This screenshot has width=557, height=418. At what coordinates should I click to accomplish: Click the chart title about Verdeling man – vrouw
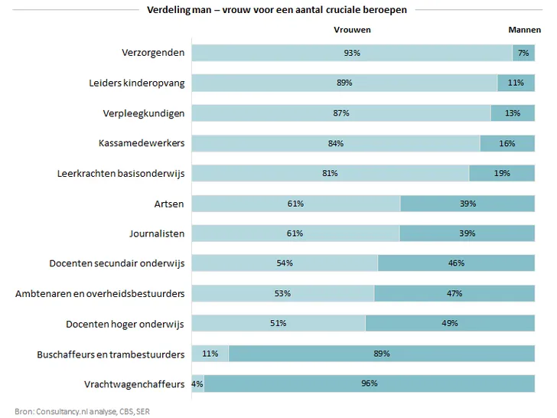coord(277,10)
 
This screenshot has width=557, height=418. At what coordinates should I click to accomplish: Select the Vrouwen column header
coord(352,30)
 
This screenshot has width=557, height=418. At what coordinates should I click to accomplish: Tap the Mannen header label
coord(525,30)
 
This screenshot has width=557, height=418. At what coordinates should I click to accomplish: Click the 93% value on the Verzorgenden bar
coord(352,53)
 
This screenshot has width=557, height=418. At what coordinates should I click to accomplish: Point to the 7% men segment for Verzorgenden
coord(523,53)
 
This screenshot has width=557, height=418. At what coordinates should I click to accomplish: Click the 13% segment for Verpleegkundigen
coord(513,113)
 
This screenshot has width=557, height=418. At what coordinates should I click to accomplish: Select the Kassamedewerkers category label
coord(142,143)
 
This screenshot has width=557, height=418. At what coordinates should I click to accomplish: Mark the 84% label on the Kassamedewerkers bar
coord(335,143)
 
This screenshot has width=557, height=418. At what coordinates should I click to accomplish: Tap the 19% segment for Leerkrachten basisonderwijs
coord(502,173)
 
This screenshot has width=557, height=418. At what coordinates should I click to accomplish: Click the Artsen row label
coord(169,204)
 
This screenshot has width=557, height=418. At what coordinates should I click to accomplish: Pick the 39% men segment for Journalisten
coord(467,233)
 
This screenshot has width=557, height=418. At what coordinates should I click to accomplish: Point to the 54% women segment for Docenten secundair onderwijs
coord(285,263)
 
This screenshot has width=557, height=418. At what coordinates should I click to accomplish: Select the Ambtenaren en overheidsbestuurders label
coord(100,293)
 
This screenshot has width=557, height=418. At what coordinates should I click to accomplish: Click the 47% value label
coord(454,293)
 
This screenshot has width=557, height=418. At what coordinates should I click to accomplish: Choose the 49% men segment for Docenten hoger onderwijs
coord(450,324)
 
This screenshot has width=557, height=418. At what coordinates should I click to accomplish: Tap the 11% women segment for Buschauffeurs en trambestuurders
coord(210,354)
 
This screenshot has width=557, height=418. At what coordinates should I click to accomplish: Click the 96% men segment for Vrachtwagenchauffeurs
coord(369,384)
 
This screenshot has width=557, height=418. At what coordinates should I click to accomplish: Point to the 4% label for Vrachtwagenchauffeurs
coord(197,384)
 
